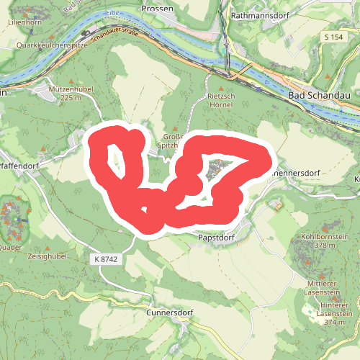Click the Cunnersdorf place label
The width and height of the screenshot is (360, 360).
pyautogui.click(x=171, y=312)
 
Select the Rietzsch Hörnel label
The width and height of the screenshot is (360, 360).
pyautogui.click(x=220, y=99)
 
